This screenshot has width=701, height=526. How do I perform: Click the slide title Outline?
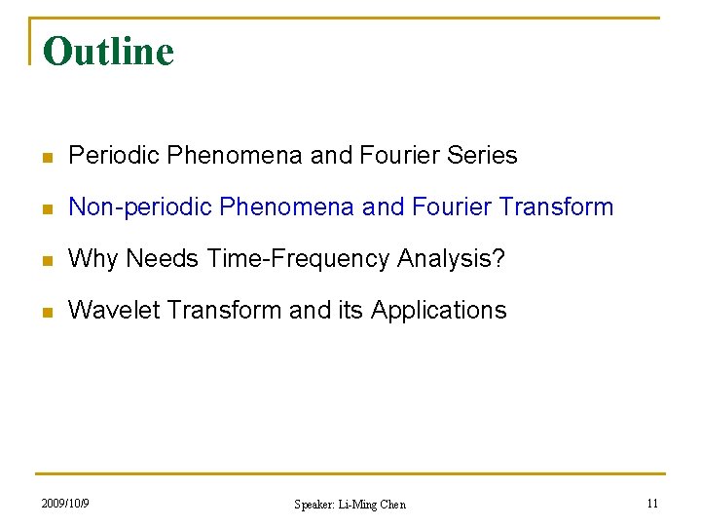coord(108,52)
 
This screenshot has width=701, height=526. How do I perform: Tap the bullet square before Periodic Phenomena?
coord(47,157)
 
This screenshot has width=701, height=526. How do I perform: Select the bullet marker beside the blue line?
coord(47,208)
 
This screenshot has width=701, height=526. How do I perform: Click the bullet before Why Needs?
coord(47,260)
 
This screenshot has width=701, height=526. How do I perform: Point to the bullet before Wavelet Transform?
coord(47,312)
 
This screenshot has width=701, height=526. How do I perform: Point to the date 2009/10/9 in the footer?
coord(65,504)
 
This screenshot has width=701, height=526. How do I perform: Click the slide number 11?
coord(652,504)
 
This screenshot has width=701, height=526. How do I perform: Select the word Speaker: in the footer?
coord(314,505)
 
